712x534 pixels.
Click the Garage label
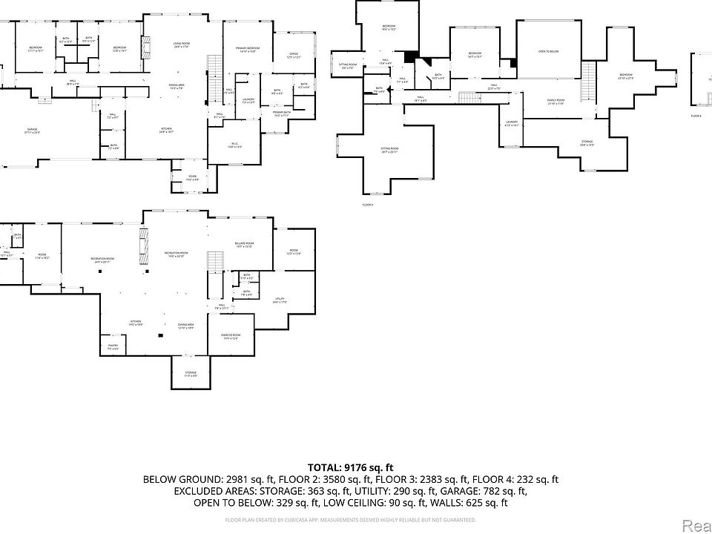[x=33, y=130]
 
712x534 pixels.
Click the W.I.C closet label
[x=234, y=145]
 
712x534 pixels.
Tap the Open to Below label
[x=548, y=51]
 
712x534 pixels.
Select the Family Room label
[x=556, y=100]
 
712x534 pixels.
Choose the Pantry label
[x=113, y=345]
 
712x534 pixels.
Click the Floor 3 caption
[x=368, y=204]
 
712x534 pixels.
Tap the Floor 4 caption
[x=696, y=116]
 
